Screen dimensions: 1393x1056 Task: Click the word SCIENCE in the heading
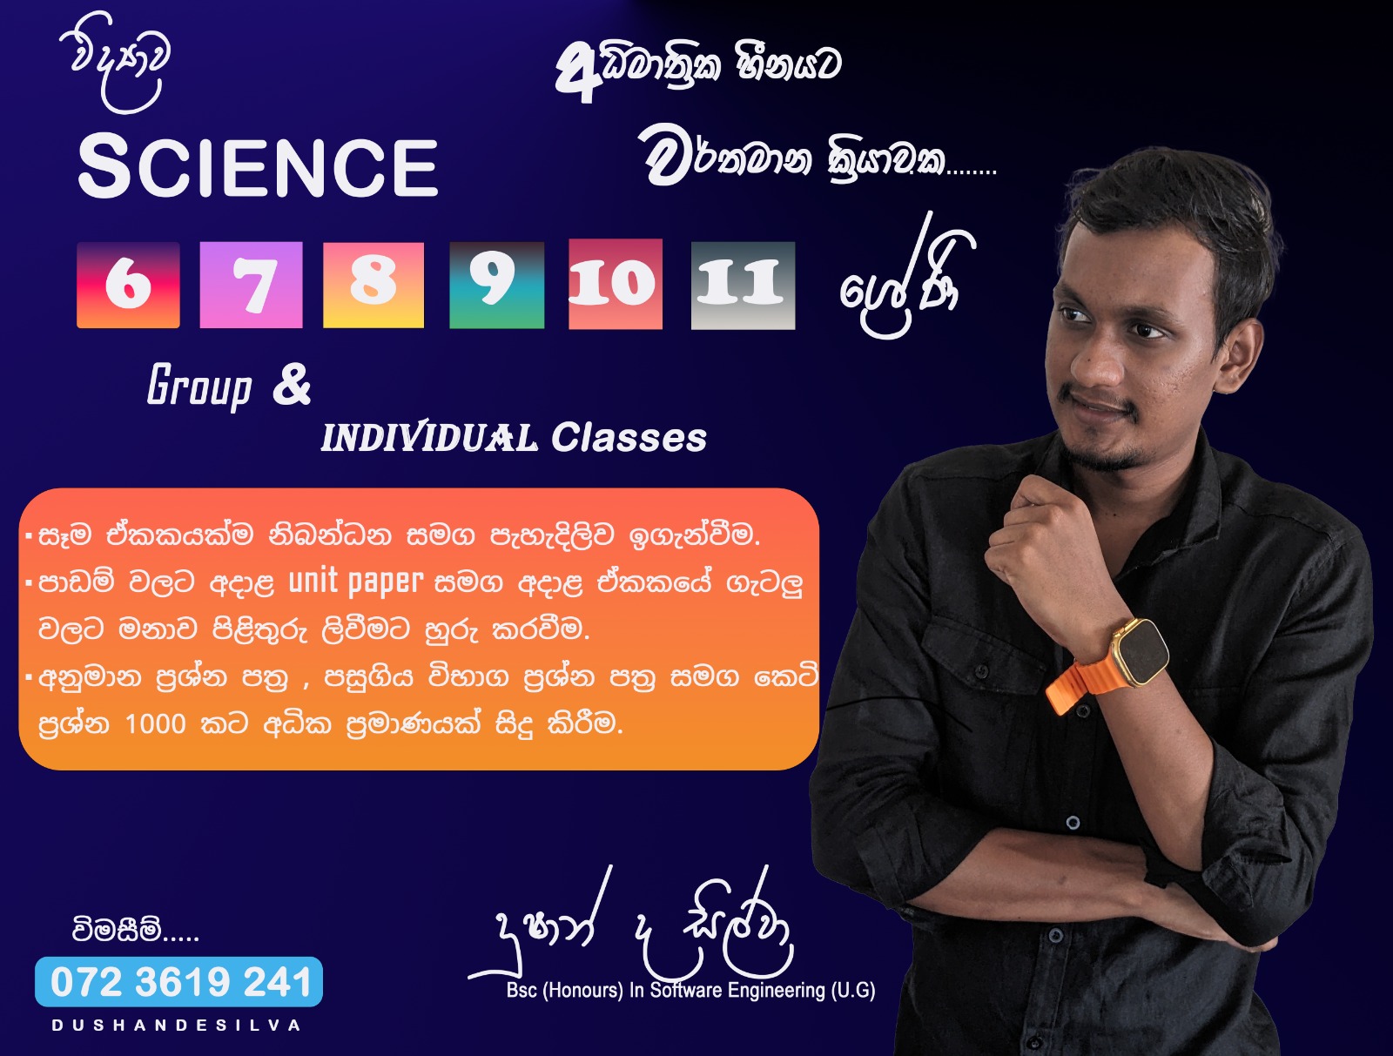[x=258, y=167]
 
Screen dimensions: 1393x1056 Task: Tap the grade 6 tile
[x=128, y=285]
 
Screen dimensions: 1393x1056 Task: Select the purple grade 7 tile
[x=251, y=285]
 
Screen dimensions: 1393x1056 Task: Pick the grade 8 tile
[x=373, y=285]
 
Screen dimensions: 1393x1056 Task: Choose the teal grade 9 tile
[x=497, y=285]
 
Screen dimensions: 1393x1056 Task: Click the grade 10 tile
[x=616, y=285]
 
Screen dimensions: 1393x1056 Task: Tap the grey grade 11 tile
[x=744, y=286]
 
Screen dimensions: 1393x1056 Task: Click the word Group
[x=199, y=387]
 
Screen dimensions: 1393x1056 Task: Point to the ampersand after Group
[x=292, y=384]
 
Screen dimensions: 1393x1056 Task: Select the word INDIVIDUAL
[x=429, y=437]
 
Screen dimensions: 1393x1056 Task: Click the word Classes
[x=629, y=437]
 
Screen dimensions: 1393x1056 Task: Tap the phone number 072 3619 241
[x=180, y=982]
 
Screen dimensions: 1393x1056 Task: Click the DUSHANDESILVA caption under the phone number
[x=177, y=1026]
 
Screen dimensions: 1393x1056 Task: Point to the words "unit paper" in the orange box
[x=355, y=582]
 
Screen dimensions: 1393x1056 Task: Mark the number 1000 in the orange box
[x=156, y=723]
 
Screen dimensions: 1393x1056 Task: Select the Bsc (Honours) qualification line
[x=691, y=990]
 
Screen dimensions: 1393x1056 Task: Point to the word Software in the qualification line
[x=686, y=990]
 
